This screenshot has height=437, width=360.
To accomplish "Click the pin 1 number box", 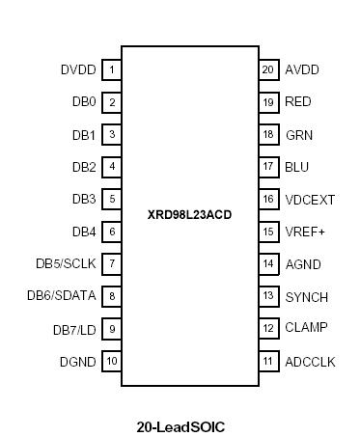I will (x=112, y=69).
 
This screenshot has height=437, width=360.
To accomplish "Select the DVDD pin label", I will (x=78, y=69).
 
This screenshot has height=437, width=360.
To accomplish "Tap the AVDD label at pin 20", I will (x=302, y=69).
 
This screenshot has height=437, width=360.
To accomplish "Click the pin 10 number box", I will (x=112, y=361).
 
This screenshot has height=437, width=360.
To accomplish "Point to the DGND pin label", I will (x=78, y=361).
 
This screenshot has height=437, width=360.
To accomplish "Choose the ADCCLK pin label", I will (x=309, y=361).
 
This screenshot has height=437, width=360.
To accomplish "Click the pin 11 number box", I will (x=267, y=361).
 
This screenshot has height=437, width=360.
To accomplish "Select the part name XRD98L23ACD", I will (x=189, y=214).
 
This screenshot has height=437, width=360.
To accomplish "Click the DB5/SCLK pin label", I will (x=65, y=263).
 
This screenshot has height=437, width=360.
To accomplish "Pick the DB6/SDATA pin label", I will (x=61, y=296).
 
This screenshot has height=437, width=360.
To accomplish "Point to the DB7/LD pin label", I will (x=74, y=329).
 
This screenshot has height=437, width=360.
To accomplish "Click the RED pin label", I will (x=298, y=101).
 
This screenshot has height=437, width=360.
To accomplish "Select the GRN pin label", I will (x=298, y=134).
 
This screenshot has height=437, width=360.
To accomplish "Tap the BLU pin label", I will (x=297, y=167).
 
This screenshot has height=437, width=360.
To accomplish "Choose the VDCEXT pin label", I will (x=310, y=199).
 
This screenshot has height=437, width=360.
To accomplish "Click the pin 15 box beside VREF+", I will (x=267, y=232).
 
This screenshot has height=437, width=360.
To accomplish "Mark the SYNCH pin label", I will (x=306, y=296).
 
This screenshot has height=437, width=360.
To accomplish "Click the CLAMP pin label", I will (x=306, y=328).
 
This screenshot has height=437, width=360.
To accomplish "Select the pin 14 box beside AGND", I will (x=267, y=263).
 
